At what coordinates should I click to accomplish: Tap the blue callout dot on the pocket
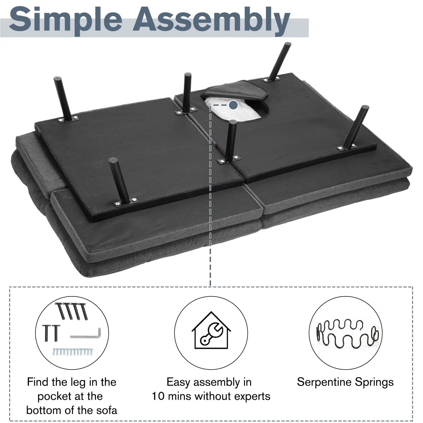pyautogui.click(x=233, y=105)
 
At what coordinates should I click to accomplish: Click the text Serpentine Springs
pyautogui.click(x=345, y=382)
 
